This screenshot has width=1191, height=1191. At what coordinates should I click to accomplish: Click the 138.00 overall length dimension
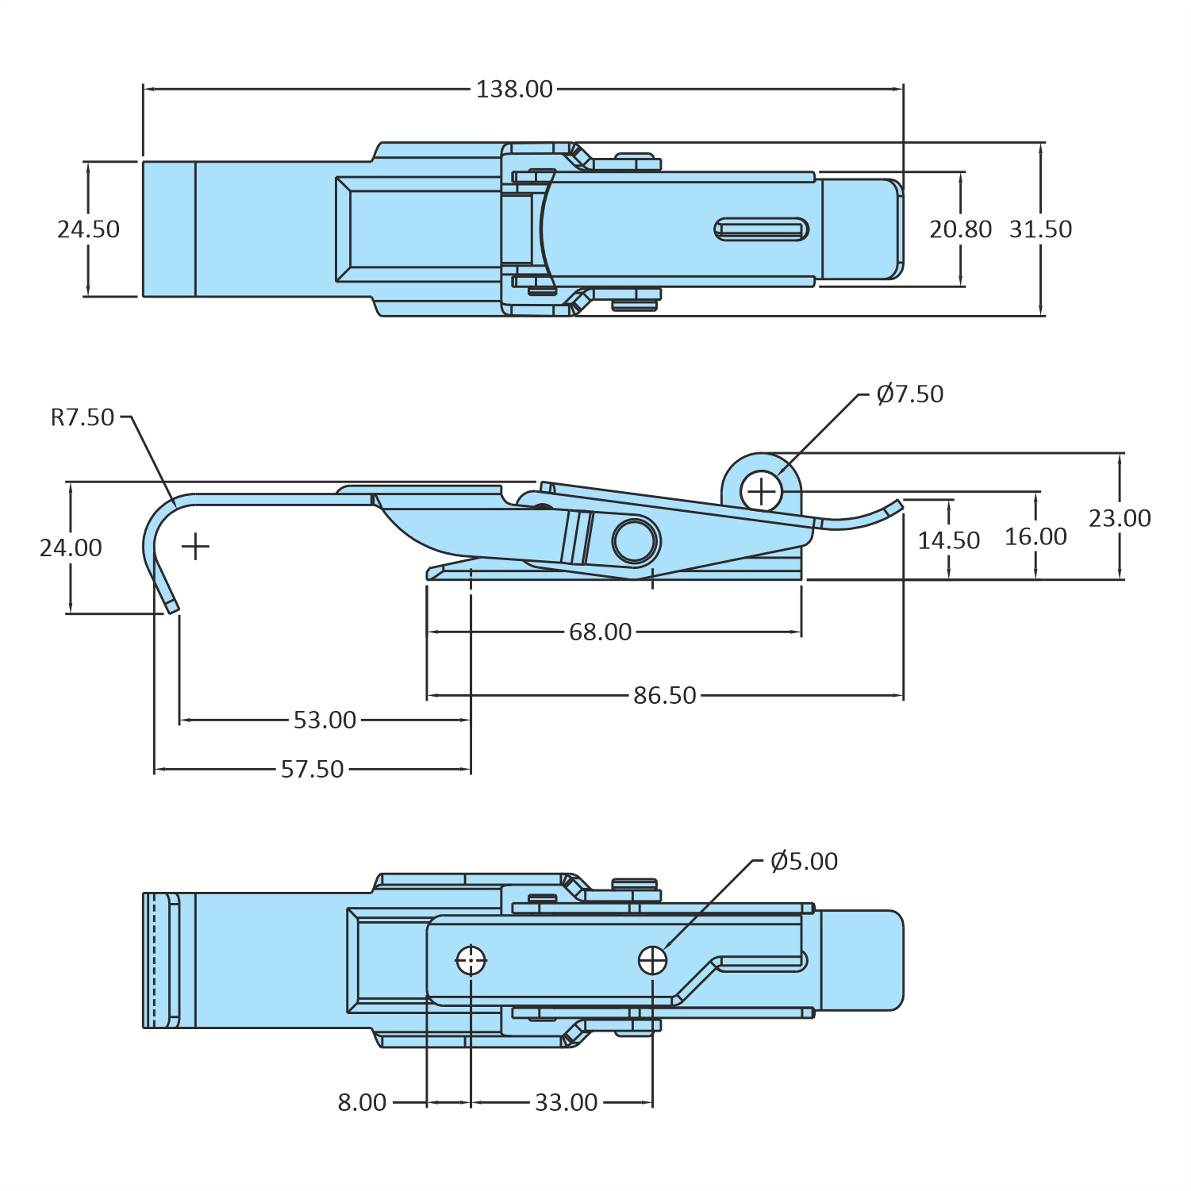pos(514,89)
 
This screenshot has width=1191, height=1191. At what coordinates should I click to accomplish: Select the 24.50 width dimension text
pos(88,229)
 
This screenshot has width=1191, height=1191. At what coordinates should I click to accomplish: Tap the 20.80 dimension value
pos(960,229)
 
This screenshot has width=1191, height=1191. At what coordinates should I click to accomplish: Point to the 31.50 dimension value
pos(1040,229)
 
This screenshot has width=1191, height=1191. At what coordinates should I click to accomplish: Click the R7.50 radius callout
pos(83,417)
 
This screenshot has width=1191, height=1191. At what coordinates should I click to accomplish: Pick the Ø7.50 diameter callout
pos(910,394)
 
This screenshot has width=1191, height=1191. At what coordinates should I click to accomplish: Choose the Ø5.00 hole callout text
pos(804,862)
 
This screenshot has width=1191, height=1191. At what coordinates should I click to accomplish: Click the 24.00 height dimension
pos(71,548)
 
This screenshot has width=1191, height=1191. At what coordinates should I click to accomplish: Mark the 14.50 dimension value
pos(948,541)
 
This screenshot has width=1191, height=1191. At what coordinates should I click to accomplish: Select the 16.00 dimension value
pos(1035,537)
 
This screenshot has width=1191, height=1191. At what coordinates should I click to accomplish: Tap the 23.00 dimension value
pos(1119,519)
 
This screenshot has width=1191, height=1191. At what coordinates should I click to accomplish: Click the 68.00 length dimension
pos(600,632)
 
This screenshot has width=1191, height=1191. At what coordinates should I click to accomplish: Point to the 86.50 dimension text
pos(664,696)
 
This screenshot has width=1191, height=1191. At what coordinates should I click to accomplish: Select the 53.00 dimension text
pos(325,720)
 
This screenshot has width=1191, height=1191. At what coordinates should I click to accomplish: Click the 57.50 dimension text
pos(312,770)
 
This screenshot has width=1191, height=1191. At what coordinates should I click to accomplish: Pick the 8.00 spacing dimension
pos(362,1103)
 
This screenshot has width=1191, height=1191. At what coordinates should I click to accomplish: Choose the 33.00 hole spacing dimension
pos(566,1103)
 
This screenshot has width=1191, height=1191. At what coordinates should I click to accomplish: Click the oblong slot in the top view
pos(761,229)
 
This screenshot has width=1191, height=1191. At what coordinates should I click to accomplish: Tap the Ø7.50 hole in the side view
pos(762,492)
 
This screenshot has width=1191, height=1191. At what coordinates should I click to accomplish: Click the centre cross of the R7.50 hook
pos(195,547)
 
